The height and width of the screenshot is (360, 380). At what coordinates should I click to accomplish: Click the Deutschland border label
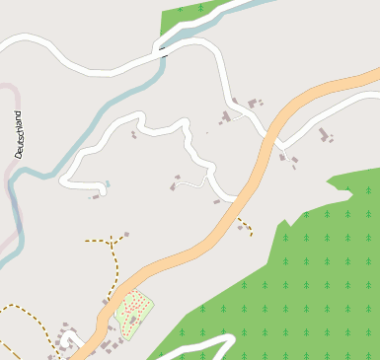click(19, 135)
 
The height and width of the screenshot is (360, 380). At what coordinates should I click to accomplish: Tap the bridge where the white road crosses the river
click(160, 47)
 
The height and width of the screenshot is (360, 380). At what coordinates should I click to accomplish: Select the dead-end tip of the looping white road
click(103, 185)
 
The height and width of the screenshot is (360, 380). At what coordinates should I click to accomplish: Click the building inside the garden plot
click(131, 319)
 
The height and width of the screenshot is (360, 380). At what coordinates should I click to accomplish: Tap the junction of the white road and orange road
click(237, 200)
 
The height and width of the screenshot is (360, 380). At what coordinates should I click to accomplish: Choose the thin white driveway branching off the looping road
click(193, 183)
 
